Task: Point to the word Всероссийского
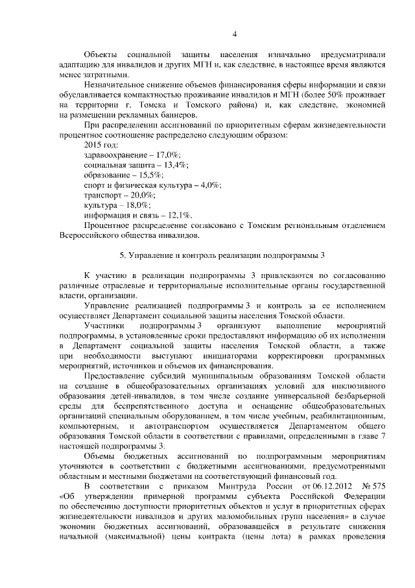point(91,235)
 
